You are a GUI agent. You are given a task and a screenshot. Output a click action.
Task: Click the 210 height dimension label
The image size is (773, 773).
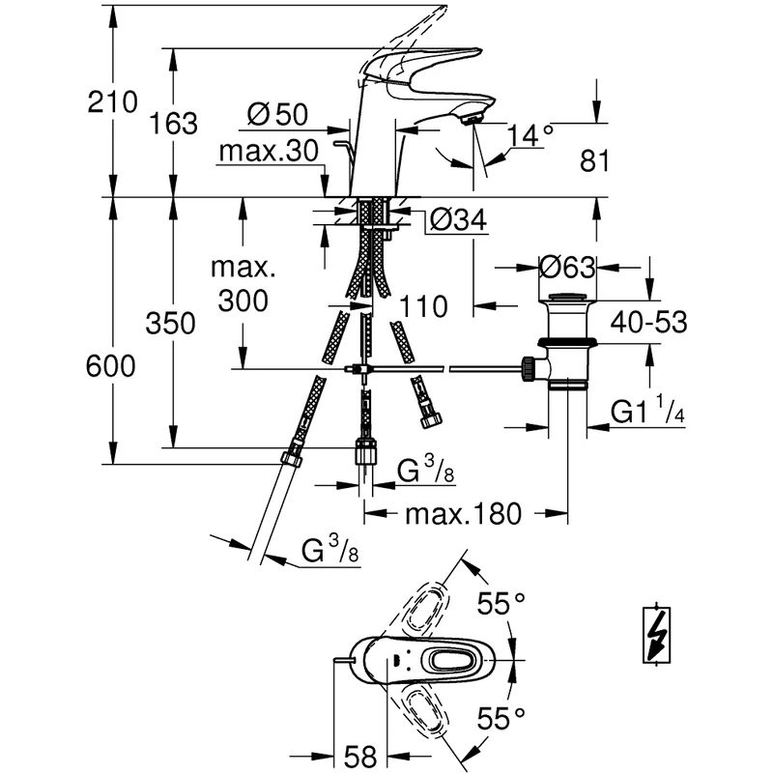point(112,102)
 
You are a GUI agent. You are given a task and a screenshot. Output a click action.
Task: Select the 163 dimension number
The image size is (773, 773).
point(173,124)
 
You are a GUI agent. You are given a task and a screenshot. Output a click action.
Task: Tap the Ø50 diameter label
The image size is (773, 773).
point(277,114)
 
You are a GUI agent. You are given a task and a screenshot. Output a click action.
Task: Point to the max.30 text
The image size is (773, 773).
point(269,151)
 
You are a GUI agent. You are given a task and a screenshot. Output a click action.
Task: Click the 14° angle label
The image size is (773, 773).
point(530,135)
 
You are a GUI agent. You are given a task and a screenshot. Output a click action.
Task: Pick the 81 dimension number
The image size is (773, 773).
point(594,160)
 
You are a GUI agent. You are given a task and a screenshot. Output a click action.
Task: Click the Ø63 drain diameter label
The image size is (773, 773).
point(567,268)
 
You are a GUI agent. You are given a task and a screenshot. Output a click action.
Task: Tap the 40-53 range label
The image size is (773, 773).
point(648,323)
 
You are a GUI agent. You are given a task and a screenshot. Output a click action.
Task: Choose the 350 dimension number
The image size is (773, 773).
point(170,324)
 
